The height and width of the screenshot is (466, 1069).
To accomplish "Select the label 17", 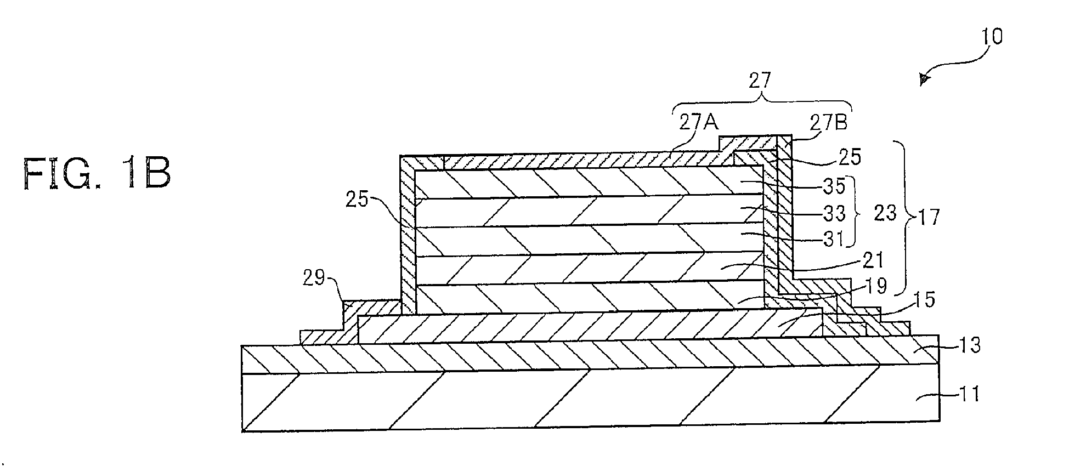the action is click(x=927, y=218).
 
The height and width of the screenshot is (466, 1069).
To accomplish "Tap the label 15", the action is click(x=924, y=300).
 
